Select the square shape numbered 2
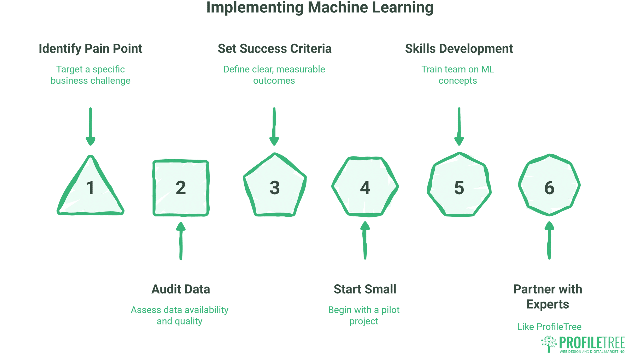(181, 188)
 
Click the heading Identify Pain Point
(90, 49)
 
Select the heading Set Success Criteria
(274, 49)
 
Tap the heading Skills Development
(459, 49)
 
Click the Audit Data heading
(181, 289)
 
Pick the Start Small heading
(365, 289)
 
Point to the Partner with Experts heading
(548, 297)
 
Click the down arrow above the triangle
(90, 127)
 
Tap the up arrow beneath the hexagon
(365, 240)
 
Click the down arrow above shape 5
(459, 127)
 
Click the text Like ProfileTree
(549, 327)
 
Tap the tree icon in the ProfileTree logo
(549, 344)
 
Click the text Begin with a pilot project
(364, 315)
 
